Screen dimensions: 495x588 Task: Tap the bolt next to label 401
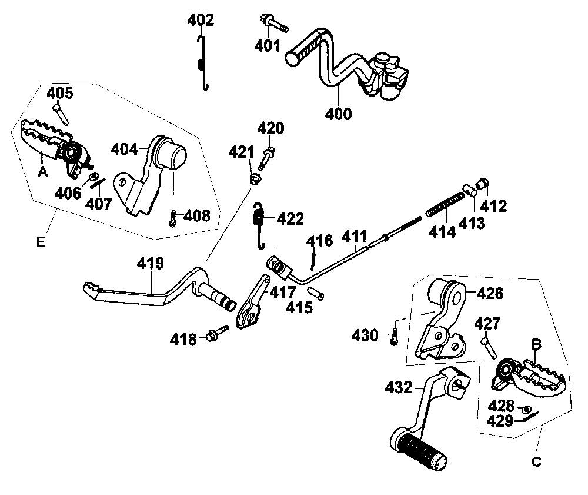pos(272,23)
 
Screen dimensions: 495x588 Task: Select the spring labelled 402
pos(202,64)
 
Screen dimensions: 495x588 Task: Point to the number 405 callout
pos(60,93)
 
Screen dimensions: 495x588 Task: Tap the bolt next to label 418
pos(215,335)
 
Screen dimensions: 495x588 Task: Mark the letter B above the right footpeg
pos(536,344)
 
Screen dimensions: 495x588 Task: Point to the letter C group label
pos(536,462)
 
